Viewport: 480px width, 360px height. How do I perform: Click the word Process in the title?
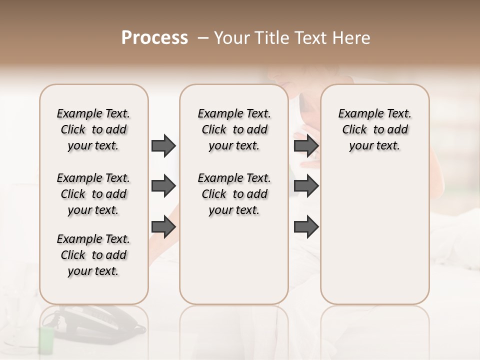pos(154,38)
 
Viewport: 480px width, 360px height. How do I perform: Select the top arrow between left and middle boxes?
pos(163,145)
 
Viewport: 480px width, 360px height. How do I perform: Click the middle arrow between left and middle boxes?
pos(163,186)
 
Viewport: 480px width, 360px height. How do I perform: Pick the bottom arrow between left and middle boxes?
pos(163,227)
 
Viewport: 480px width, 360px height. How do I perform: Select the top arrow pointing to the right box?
pos(306,145)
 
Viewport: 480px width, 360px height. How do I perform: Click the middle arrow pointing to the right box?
pos(306,186)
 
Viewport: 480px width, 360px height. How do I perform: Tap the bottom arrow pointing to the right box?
pos(306,227)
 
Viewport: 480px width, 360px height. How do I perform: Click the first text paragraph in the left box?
pos(93,129)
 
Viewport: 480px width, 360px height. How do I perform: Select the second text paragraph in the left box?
pos(93,194)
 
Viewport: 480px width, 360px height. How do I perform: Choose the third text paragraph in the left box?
pos(93,255)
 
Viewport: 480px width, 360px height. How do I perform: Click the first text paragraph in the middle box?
pos(234,129)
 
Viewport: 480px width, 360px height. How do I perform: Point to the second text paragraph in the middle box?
pos(234,194)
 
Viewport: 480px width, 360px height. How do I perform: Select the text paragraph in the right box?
pos(374,129)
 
